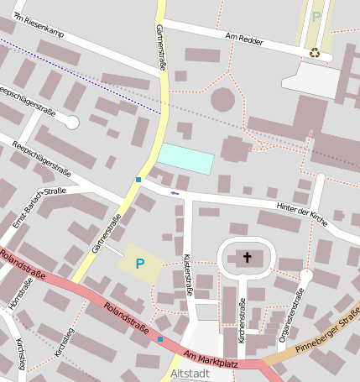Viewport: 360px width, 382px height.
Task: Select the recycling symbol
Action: [315, 53]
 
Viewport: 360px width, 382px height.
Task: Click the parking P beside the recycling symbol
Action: [316, 16]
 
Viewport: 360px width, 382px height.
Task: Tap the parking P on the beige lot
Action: [140, 264]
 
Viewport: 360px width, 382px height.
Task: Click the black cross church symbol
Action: [248, 256]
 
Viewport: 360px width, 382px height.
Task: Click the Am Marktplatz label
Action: [211, 359]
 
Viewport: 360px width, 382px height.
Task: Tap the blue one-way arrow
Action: [175, 193]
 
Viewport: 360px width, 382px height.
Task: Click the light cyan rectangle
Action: [185, 158]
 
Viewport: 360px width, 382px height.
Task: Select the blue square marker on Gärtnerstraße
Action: [138, 179]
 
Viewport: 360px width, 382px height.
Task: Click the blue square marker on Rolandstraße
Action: [160, 339]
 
